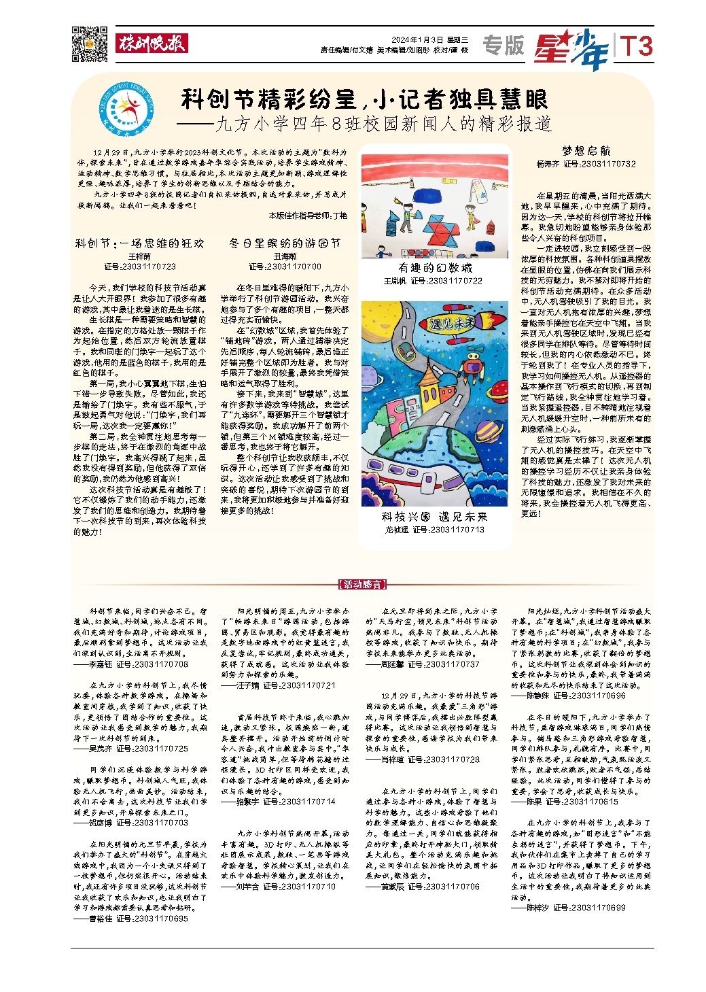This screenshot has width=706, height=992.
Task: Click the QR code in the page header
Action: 90,44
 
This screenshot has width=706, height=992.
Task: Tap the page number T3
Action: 636,46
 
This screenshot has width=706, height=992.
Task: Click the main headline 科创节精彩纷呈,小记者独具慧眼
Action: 364,100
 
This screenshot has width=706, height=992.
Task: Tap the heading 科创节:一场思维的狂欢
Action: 139,243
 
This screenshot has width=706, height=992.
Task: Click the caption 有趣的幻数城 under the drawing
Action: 435,268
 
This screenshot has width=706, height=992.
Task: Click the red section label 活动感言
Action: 362,584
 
